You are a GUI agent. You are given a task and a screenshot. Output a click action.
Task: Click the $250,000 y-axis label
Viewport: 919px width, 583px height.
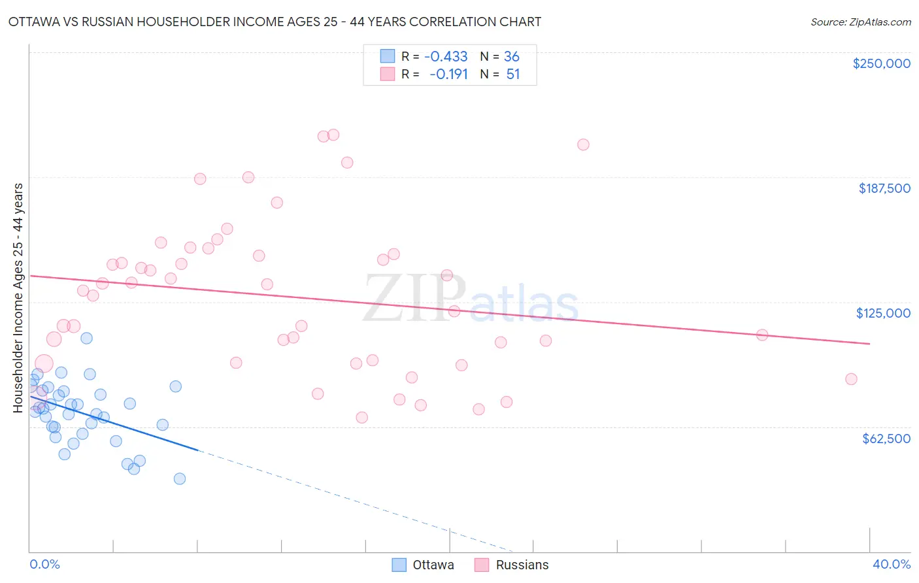881,63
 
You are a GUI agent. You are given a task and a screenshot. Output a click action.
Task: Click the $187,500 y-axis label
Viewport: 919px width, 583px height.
884,188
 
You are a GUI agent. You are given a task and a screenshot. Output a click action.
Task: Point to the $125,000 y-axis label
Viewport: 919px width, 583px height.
883,313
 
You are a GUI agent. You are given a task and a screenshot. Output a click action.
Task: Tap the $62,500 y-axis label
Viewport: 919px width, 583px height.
886,439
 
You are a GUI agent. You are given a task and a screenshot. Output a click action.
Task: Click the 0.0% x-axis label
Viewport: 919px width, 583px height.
44,564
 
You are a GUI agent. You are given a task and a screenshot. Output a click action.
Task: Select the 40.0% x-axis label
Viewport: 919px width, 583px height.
892,564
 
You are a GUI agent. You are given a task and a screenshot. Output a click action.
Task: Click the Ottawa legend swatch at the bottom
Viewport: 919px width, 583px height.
399,565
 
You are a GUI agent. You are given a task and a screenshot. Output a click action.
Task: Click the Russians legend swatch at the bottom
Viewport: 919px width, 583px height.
482,565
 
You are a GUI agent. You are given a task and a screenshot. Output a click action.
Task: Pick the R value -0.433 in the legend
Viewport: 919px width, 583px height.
446,57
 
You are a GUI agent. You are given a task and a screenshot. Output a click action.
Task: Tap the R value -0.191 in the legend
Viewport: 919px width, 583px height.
448,75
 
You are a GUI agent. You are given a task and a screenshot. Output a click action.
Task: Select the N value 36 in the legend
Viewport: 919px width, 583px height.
512,57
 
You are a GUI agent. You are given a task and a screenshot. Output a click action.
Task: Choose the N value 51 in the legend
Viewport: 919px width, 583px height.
513,75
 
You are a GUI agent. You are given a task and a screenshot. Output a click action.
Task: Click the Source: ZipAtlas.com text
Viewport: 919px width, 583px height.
860,22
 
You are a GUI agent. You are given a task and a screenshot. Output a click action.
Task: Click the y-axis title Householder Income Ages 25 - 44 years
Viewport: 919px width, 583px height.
18,298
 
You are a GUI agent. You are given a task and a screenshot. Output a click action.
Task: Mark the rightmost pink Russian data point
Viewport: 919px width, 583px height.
851,379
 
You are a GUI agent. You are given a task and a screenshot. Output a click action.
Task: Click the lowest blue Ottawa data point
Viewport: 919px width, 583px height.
180,478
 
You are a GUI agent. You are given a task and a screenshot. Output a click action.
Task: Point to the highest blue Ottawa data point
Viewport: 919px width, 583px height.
86,338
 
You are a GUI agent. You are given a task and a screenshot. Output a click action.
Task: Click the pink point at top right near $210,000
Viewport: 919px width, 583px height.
583,144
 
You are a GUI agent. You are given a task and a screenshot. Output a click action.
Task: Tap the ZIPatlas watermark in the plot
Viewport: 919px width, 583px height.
471,299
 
